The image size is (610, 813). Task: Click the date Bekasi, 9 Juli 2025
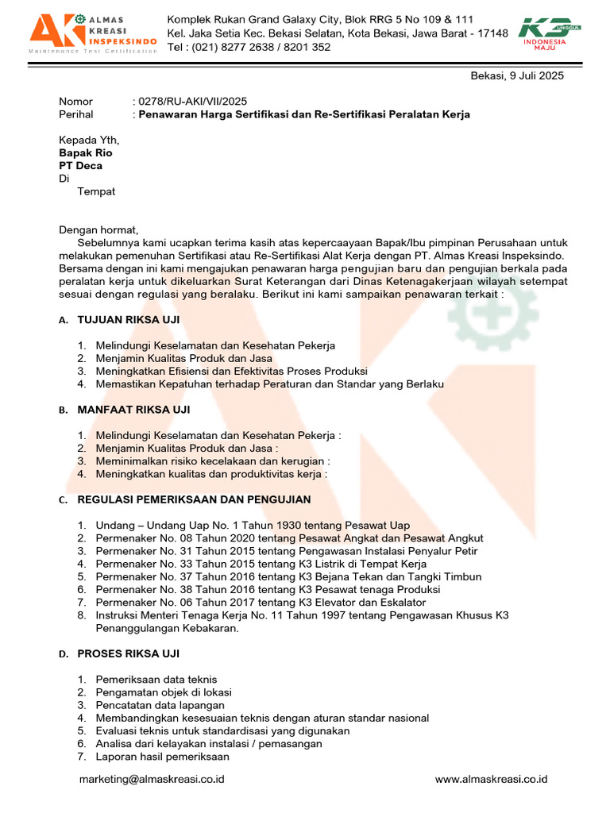point(517,75)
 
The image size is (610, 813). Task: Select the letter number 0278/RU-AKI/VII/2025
point(193,102)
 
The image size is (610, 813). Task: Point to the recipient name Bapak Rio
point(86,152)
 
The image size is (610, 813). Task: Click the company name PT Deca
point(80,166)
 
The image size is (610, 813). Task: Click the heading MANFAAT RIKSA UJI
point(133,410)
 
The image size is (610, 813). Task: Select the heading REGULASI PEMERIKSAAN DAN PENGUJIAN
point(194,499)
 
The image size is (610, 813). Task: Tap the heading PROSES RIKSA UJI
point(128,653)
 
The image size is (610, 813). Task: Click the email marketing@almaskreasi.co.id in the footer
point(152,780)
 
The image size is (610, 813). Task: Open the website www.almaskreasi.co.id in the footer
point(491,780)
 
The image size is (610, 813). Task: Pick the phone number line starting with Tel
point(249,47)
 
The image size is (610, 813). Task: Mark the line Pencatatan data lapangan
point(160,705)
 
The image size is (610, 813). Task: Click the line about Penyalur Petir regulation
point(286,551)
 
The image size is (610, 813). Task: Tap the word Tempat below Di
point(96,191)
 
